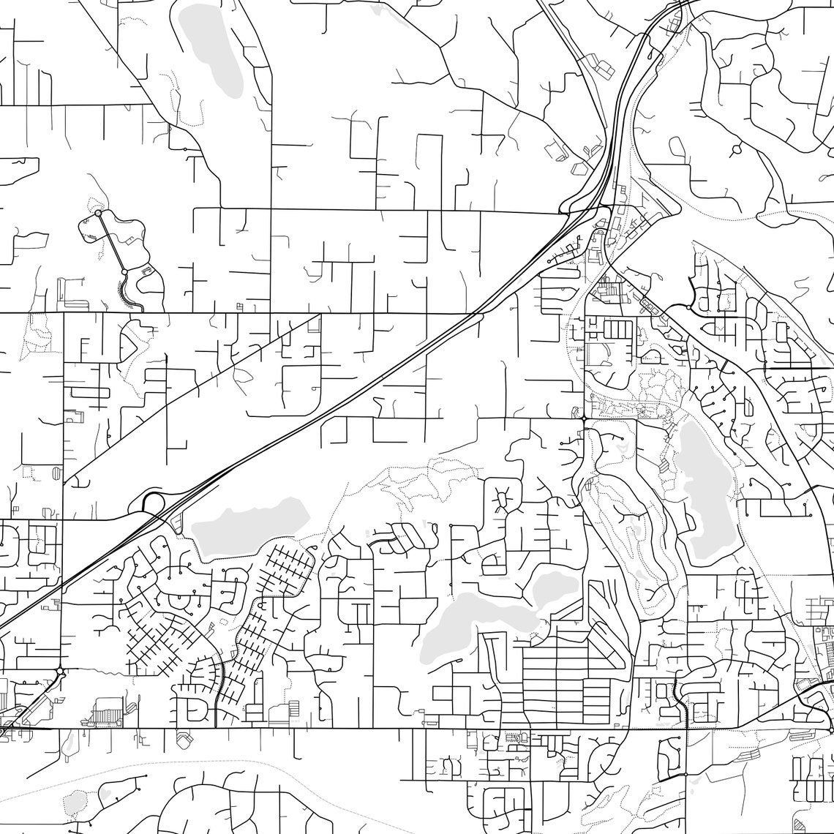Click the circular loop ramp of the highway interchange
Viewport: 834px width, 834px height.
click(x=153, y=503)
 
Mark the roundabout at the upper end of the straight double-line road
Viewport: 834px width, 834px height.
click(x=98, y=213)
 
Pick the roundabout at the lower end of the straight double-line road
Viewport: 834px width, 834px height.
click(x=124, y=271)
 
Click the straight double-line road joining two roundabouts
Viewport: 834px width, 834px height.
click(x=111, y=242)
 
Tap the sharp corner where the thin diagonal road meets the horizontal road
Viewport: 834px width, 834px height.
click(x=320, y=315)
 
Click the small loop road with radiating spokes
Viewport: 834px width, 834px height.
click(x=502, y=500)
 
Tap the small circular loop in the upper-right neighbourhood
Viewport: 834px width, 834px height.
click(x=736, y=149)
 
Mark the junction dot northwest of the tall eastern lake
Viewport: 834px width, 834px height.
click(x=584, y=418)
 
